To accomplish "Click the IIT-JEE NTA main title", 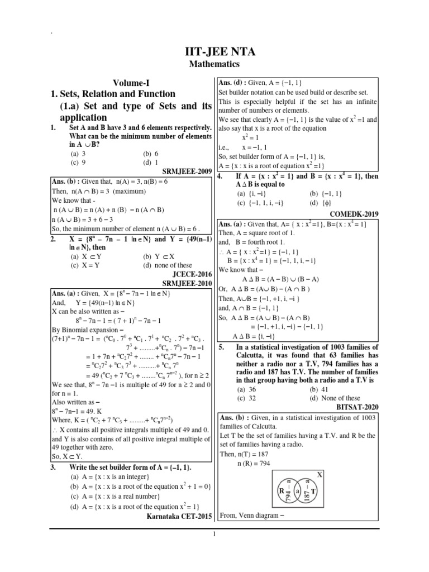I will point(214,52).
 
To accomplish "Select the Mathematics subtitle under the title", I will point(214,65).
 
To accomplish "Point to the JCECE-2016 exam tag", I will point(188,275).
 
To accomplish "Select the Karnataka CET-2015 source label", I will point(179,517).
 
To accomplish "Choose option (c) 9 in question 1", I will point(78,163).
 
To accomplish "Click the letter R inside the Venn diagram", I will point(281,490).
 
